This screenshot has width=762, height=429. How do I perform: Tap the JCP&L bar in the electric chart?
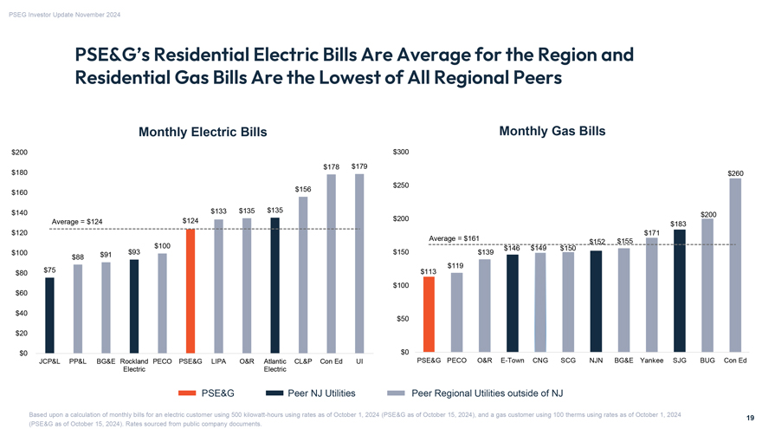(x=49, y=315)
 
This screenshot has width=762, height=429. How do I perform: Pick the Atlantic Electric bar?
(x=274, y=287)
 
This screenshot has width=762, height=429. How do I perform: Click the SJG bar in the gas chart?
(x=680, y=291)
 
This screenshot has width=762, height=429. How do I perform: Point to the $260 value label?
(x=735, y=173)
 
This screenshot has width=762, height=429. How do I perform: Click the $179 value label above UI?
(x=359, y=166)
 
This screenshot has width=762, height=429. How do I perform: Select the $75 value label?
(x=49, y=270)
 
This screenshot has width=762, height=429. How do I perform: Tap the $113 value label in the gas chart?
(x=428, y=271)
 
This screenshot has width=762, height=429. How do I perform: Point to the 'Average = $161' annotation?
(x=455, y=238)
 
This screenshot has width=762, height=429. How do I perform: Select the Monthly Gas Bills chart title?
(x=552, y=131)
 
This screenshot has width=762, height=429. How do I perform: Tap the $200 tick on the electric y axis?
(x=18, y=153)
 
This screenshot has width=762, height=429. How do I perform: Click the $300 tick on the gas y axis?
(x=401, y=153)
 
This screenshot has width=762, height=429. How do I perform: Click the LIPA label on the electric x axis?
(x=218, y=361)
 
